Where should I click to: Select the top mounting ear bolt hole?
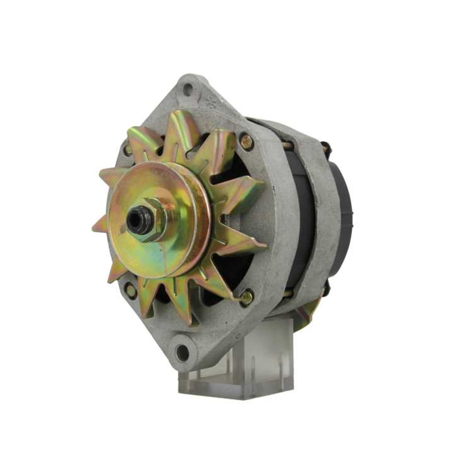(188, 88)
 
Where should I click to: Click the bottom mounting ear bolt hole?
(182, 352)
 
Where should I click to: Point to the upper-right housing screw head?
(246, 141)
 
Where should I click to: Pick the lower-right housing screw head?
(246, 298)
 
